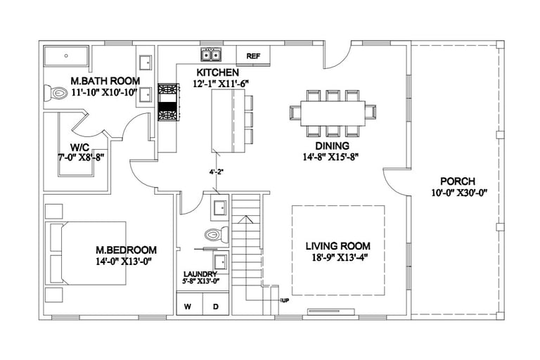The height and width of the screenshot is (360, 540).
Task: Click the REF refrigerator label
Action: tap(253, 56)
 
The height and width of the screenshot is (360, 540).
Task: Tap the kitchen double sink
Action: tap(212, 54)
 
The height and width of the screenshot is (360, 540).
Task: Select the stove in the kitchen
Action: tap(169, 103)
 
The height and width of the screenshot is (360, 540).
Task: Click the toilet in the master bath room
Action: tap(56, 93)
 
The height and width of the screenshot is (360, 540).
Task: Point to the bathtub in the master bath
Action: tap(66, 56)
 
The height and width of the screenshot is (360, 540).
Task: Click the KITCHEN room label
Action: tap(218, 72)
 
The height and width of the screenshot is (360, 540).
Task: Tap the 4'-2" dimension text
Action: tap(217, 172)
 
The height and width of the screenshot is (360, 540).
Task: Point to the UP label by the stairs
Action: tap(285, 300)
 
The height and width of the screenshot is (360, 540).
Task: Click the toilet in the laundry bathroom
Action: tap(217, 235)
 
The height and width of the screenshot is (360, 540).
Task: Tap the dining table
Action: tap(333, 113)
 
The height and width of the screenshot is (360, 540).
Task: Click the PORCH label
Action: tap(458, 181)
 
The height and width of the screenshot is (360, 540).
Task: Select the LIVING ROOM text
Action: tap(337, 246)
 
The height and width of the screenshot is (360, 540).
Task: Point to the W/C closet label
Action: tap(80, 148)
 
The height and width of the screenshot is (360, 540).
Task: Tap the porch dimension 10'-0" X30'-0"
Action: tap(459, 193)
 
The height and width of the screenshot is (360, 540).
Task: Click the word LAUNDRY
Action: tap(200, 274)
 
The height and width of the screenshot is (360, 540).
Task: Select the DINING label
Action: tap(333, 146)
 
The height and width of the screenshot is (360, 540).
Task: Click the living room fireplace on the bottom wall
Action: tap(331, 311)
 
